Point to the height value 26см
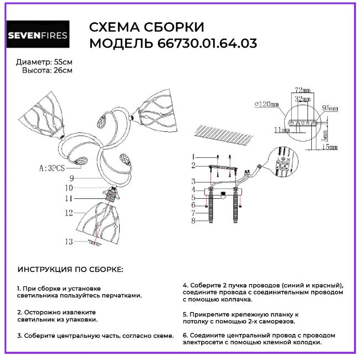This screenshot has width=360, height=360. pyautogui.click(x=63, y=70)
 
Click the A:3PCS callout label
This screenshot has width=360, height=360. pyautogui.click(x=53, y=166)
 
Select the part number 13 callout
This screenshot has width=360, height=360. pyautogui.click(x=68, y=241)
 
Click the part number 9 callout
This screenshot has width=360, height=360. pyautogui.click(x=71, y=178)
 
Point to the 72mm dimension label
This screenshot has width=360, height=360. pyautogui.click(x=301, y=89)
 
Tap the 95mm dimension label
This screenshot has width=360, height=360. pyautogui.click(x=329, y=109)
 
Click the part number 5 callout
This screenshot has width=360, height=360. pyautogui.click(x=194, y=197)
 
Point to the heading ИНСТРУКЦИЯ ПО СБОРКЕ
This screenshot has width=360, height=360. pyautogui.click(x=71, y=269)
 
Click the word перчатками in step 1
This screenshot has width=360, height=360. pyautogui.click(x=123, y=296)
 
